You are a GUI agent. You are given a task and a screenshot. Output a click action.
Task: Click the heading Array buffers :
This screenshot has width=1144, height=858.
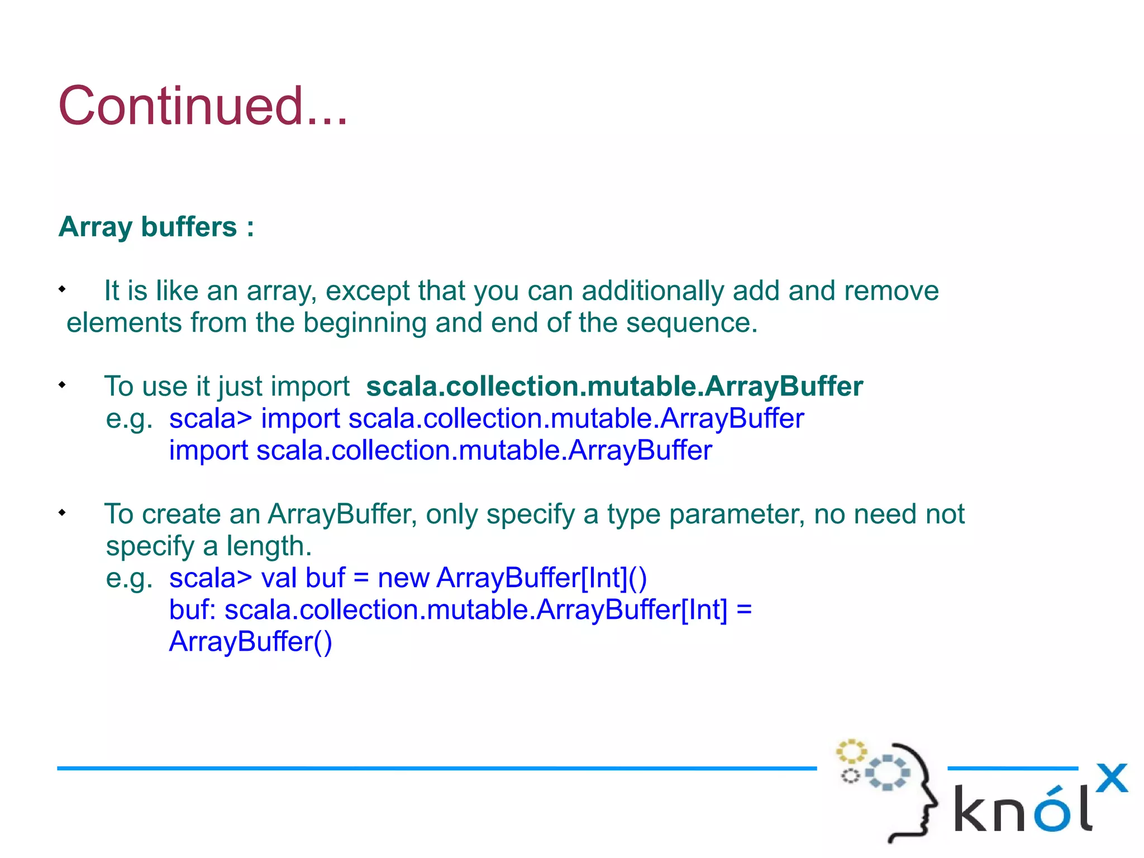coord(156,227)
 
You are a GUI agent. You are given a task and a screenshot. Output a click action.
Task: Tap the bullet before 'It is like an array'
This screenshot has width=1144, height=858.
coord(62,289)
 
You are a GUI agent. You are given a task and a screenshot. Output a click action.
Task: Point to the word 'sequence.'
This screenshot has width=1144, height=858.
coord(692,323)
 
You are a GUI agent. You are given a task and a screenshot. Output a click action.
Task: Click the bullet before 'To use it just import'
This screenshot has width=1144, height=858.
coord(62,385)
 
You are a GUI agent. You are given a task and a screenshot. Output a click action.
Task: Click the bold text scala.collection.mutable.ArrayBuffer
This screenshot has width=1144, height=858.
coord(614,386)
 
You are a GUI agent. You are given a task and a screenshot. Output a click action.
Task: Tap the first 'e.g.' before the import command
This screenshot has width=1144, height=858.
coord(129,419)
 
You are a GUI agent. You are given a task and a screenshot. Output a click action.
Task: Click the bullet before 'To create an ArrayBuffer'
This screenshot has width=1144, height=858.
coord(62,512)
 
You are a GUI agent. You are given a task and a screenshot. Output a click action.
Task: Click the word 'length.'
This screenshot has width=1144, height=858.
coord(269,546)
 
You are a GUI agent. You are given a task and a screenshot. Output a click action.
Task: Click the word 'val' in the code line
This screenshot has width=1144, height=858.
coord(279,578)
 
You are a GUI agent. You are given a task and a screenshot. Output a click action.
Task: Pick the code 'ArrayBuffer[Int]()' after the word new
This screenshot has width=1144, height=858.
coord(541,578)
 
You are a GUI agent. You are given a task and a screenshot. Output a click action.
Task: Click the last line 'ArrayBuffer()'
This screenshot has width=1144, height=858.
coord(251,641)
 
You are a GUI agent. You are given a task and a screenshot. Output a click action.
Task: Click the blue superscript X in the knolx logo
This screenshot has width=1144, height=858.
coord(1111,778)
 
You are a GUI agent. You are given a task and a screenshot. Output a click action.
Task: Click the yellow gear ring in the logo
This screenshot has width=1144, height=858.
coord(851,752)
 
